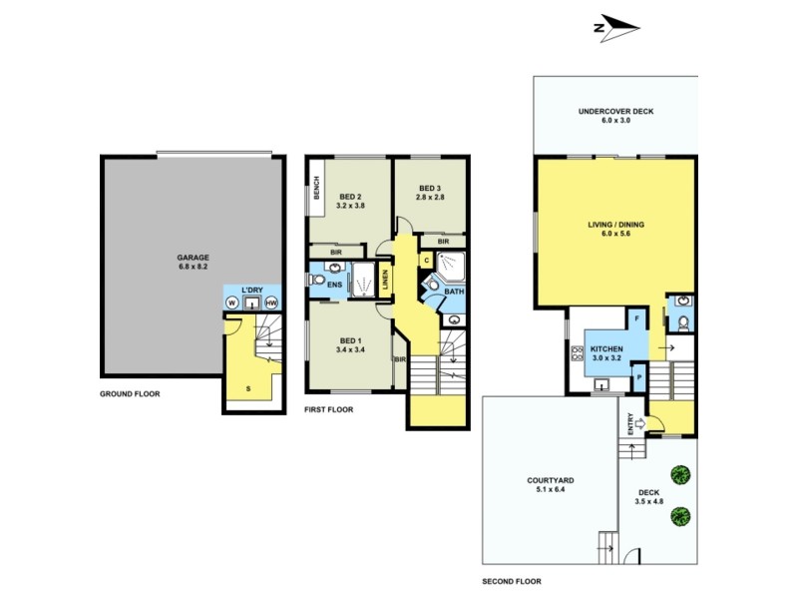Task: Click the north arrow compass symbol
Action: coord(615,28)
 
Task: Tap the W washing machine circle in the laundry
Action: coord(231,302)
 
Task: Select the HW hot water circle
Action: coord(270,302)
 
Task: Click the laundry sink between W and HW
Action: coord(251,302)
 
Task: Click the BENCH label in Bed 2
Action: coord(315,187)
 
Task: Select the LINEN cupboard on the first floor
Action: coord(385,280)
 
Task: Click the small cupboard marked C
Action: coord(426,260)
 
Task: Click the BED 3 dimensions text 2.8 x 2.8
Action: coord(430,198)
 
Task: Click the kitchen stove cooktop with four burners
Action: coord(577,351)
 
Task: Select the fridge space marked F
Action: coord(635,319)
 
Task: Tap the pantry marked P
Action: coord(638,379)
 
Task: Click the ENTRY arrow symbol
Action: coord(639,423)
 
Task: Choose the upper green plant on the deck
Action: coord(681,473)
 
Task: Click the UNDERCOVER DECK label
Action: coord(615,112)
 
